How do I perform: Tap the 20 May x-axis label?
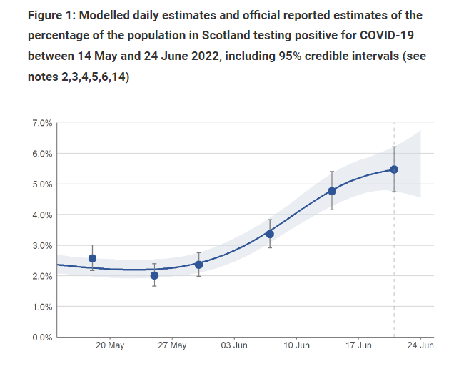click(109, 346)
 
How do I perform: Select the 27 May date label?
click(172, 346)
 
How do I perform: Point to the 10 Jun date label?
click(297, 346)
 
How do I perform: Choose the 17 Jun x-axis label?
click(359, 346)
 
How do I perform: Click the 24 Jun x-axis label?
click(420, 346)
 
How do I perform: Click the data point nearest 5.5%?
click(394, 169)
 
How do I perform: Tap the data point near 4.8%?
click(332, 191)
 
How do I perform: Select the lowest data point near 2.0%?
click(154, 275)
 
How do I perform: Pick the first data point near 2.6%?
click(92, 258)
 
